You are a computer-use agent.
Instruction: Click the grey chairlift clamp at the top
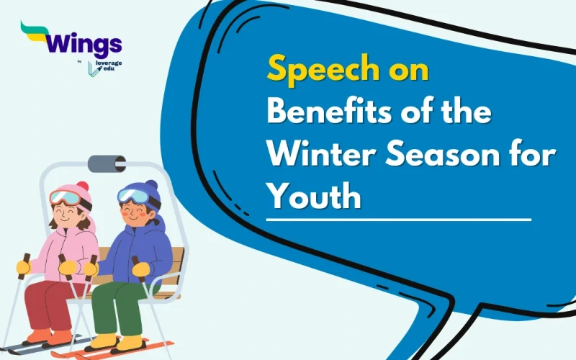107,163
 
